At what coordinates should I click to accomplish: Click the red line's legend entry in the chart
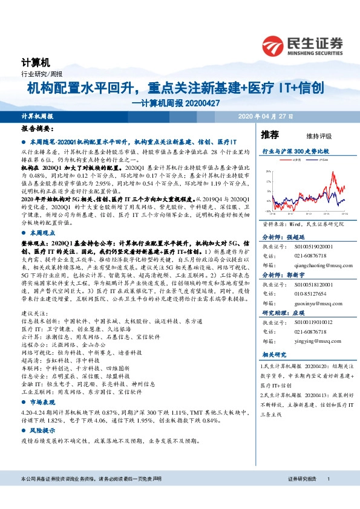click(x=295, y=160)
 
